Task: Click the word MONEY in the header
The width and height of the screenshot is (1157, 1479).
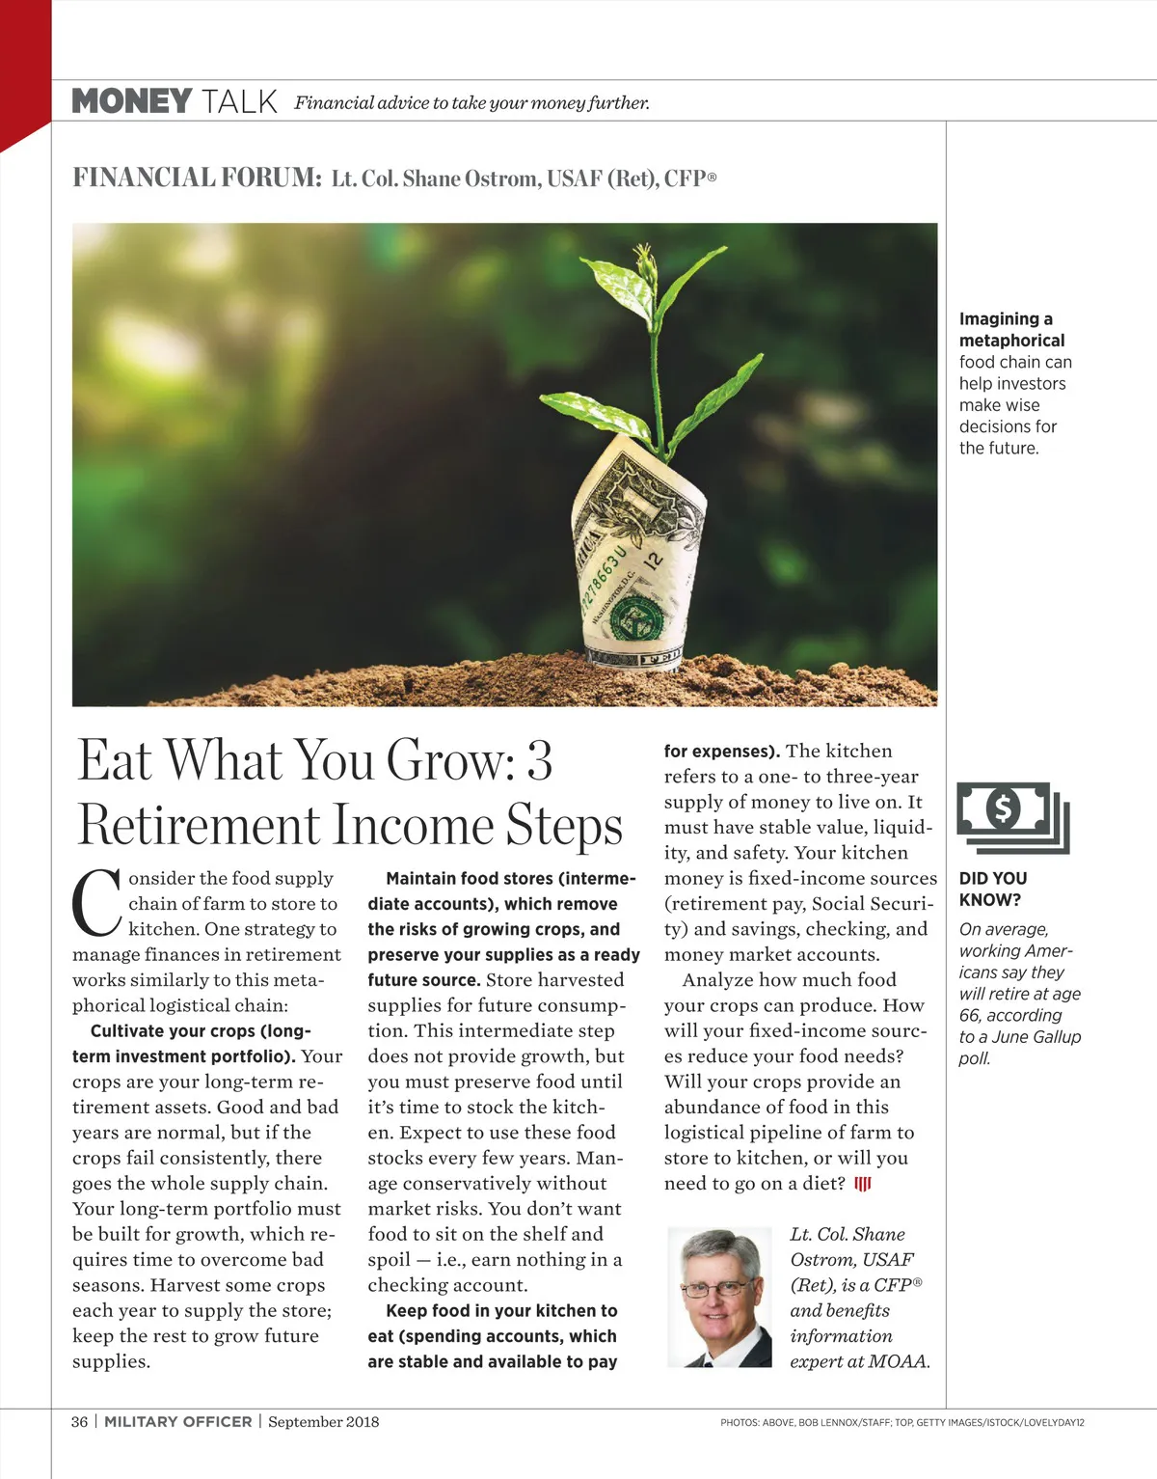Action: (x=132, y=101)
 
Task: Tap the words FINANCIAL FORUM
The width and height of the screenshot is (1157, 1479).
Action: (x=197, y=178)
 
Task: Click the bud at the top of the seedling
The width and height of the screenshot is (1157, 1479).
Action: (x=644, y=259)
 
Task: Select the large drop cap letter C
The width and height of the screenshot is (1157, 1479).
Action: (x=96, y=905)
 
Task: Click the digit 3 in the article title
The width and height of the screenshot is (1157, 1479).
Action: (x=540, y=760)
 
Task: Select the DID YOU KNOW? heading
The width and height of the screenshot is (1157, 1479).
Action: (x=992, y=889)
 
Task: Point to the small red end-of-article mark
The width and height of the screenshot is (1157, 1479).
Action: (x=863, y=1184)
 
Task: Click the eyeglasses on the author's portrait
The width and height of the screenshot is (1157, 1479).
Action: (x=715, y=1288)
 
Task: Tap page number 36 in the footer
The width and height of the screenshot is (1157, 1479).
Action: (x=79, y=1421)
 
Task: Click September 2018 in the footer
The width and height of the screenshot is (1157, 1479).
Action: (x=324, y=1421)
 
